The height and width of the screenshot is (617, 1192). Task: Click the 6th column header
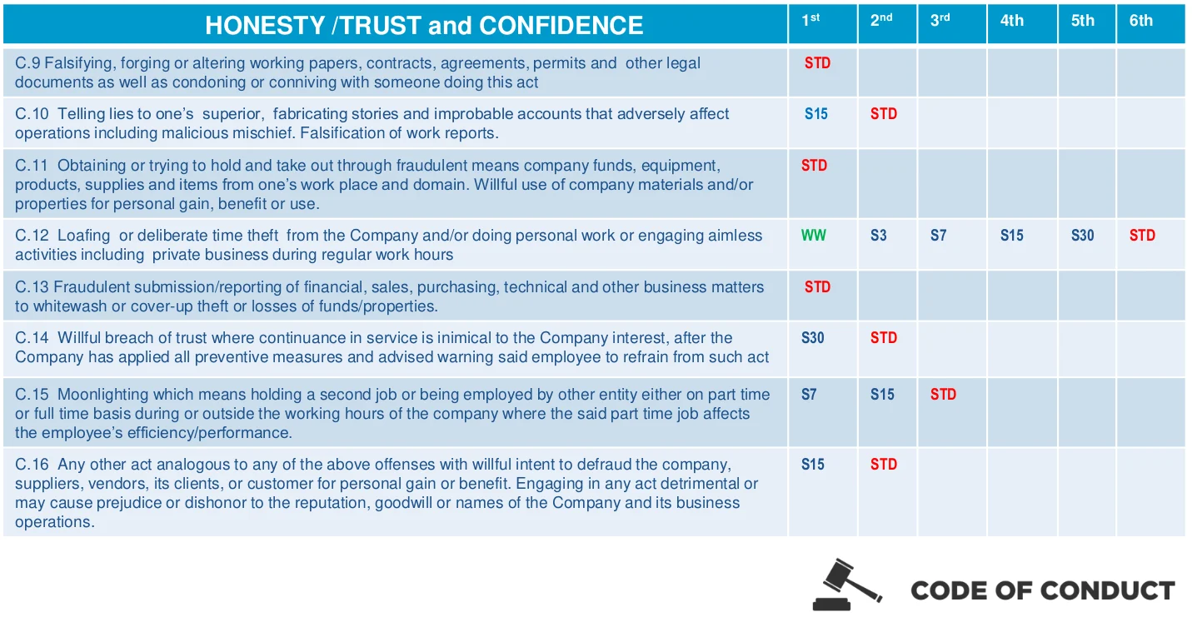pyautogui.click(x=1141, y=21)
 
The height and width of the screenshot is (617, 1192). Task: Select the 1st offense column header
pyautogui.click(x=810, y=21)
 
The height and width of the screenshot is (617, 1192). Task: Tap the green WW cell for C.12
pyautogui.click(x=814, y=236)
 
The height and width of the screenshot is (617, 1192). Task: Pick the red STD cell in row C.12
pyautogui.click(x=1142, y=236)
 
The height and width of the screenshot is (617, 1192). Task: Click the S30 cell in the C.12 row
pyautogui.click(x=1082, y=236)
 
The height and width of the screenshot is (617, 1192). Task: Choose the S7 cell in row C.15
pyautogui.click(x=809, y=395)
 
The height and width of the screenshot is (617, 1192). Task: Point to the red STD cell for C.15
pyautogui.click(x=943, y=395)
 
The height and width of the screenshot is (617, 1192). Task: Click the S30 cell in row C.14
pyautogui.click(x=813, y=338)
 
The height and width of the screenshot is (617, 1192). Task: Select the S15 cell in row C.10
pyautogui.click(x=815, y=114)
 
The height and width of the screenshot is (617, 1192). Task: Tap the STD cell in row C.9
pyautogui.click(x=817, y=63)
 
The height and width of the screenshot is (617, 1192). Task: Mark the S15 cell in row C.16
pyautogui.click(x=813, y=465)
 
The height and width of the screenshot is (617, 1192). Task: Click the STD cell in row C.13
pyautogui.click(x=817, y=287)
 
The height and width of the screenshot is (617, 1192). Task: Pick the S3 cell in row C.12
pyautogui.click(x=878, y=236)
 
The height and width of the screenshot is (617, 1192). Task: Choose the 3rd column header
pyautogui.click(x=940, y=21)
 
